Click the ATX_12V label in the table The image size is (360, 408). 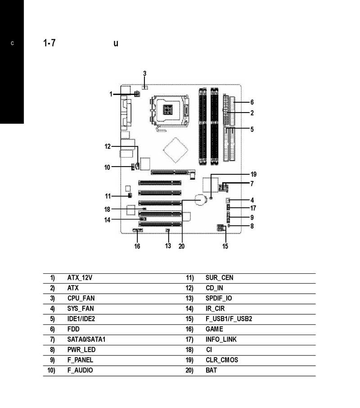[80, 278]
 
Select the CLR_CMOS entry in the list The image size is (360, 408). [222, 360]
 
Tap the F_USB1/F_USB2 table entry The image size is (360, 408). [229, 319]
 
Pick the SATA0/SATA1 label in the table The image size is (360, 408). [86, 340]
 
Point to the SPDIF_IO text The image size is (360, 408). [219, 299]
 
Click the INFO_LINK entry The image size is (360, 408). [221, 340]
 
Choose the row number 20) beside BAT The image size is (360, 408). [189, 371]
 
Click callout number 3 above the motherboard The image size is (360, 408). [145, 74]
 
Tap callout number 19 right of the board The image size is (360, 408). [253, 174]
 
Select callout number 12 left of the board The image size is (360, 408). [108, 146]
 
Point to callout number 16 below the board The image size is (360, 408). [137, 246]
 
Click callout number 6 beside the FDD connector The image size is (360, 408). [252, 102]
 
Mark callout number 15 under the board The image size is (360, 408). [225, 246]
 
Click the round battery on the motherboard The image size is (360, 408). [201, 200]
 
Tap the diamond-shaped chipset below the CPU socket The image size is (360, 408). [175, 150]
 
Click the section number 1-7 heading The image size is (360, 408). [49, 43]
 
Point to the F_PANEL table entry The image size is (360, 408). [80, 360]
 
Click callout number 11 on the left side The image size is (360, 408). [108, 196]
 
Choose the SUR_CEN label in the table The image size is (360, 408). [220, 278]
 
